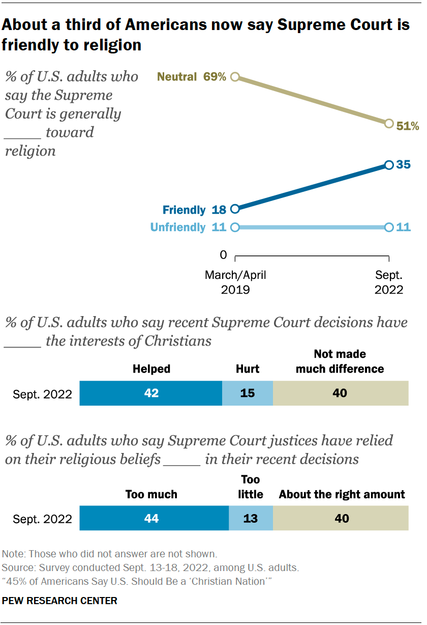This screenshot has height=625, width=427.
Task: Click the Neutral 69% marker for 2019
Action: coord(235,77)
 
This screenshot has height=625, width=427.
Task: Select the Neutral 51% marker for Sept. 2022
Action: coord(389,123)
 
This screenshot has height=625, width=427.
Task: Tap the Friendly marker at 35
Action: coord(389,165)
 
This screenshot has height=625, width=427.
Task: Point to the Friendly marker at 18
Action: coord(235,209)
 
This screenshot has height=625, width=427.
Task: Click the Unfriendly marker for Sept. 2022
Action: coord(389,228)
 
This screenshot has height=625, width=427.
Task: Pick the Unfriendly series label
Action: coord(177,228)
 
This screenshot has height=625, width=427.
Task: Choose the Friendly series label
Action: coord(184,210)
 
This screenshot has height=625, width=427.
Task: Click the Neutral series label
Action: coord(177,77)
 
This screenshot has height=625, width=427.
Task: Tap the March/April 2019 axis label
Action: coord(235,282)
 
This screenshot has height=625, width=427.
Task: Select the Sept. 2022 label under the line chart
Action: coord(389,282)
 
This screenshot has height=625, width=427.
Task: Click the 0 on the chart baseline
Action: coord(223,254)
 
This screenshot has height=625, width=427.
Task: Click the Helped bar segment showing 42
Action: coord(151,393)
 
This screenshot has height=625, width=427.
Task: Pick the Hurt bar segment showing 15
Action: coord(247,393)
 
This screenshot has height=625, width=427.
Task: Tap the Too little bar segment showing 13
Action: coord(251,519)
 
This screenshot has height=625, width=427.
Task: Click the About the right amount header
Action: coord(342,494)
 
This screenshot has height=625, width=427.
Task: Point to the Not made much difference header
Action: coord(340,361)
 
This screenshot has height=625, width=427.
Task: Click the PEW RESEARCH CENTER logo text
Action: coord(60,601)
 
